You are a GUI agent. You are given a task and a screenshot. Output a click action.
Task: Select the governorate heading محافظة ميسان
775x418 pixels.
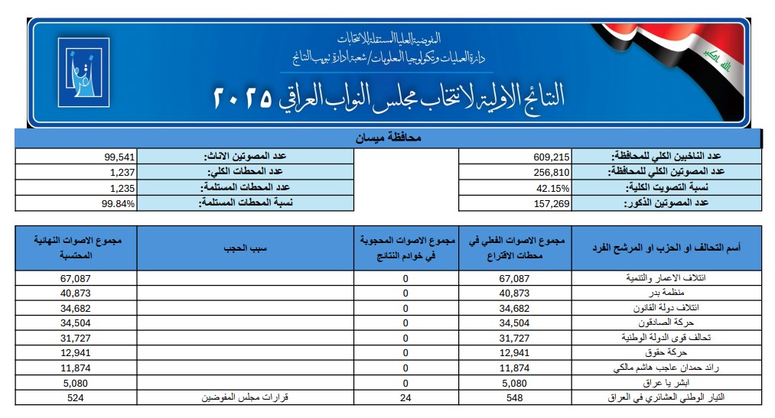click(389, 139)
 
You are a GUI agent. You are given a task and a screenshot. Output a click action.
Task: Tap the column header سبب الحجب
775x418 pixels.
click(244, 248)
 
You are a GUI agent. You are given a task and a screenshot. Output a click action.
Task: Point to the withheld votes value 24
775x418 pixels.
click(405, 397)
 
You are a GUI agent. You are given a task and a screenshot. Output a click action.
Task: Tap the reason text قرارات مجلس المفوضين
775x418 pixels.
click(244, 397)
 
